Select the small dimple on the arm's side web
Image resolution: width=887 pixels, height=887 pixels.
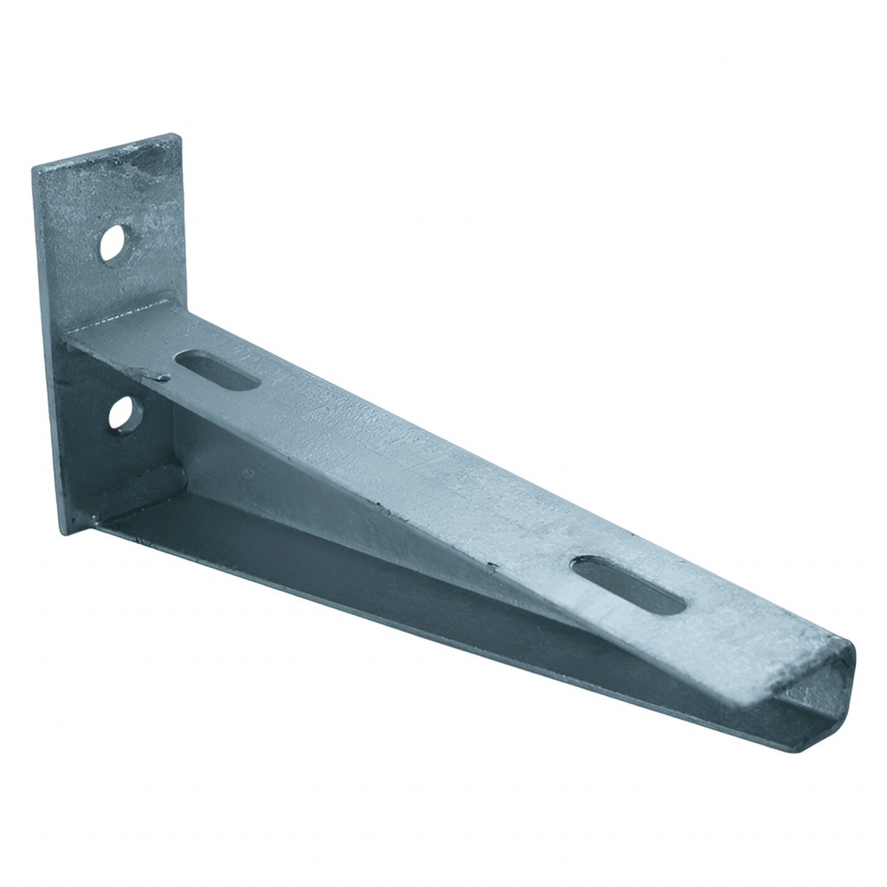(249, 473)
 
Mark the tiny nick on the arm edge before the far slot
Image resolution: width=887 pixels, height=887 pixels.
(492, 567)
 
